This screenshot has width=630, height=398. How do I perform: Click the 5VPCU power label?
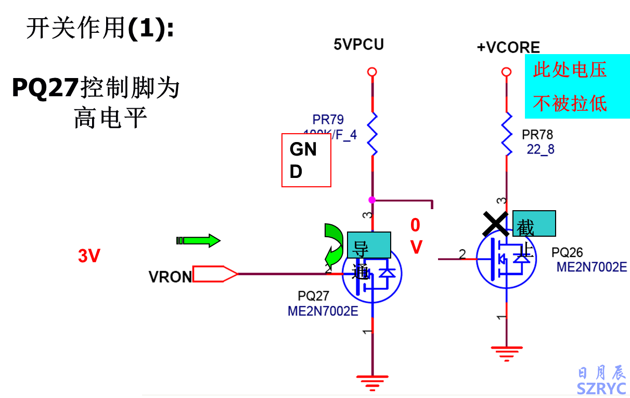(x=358, y=45)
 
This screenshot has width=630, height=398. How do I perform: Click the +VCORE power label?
(x=508, y=47)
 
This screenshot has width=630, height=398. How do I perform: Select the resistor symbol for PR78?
(x=507, y=134)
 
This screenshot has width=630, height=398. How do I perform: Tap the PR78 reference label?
(x=537, y=135)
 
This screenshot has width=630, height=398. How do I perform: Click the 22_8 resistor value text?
(x=541, y=150)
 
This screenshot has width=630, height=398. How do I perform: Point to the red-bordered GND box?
(x=306, y=160)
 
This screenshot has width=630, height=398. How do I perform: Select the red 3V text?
(x=89, y=256)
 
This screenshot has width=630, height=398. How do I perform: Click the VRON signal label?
(x=170, y=277)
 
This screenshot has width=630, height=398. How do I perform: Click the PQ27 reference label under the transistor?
(x=313, y=296)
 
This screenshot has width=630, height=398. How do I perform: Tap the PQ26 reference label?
(x=567, y=253)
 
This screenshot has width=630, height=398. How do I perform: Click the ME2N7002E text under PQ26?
(x=592, y=267)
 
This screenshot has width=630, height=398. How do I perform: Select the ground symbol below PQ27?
(x=371, y=383)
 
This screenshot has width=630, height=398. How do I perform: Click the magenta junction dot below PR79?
(x=371, y=200)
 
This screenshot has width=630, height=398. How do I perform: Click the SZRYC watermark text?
(x=601, y=388)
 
